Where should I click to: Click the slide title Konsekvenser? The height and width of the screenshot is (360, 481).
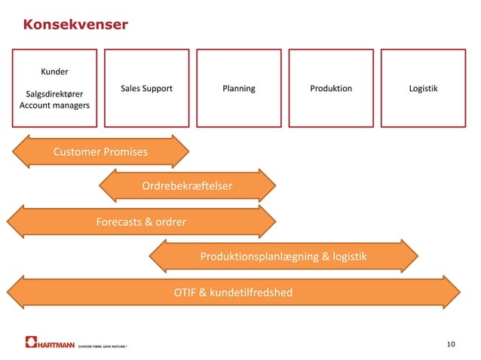coord(75,26)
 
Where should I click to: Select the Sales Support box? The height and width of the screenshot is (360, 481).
coord(146,88)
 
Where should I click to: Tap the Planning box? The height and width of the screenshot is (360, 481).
coord(239,88)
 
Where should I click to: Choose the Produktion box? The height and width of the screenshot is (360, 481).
coord(331,88)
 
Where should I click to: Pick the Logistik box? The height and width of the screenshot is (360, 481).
coord(423,88)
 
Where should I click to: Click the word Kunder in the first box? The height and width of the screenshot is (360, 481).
coord(54,72)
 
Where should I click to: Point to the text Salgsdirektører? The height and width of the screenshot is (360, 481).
coord(54,93)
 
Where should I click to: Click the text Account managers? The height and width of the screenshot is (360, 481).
coord(54,105)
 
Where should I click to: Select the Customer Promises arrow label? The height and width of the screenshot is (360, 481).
coord(100,152)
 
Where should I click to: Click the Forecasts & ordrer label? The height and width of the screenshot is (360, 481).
coord(141,221)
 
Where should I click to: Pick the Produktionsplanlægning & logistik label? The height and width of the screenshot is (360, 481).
coord(283,257)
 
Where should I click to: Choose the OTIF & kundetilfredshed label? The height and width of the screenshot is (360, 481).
coord(233,292)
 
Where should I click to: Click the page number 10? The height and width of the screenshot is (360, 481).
coord(451,344)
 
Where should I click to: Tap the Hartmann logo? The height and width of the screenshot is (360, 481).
coord(51,343)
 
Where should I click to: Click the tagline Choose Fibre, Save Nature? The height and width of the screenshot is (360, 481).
coord(103,346)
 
